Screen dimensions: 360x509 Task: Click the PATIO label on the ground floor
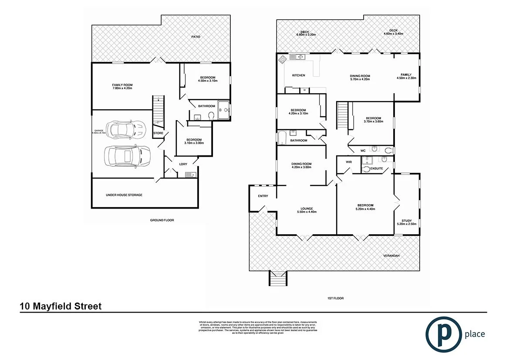[196, 37]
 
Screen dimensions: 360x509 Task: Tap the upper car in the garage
[125, 129]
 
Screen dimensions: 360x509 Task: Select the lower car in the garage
[127, 156]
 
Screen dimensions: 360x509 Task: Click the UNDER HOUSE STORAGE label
[124, 195]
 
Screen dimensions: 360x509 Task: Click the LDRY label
[183, 164]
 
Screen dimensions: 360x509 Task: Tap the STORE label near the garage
[158, 133]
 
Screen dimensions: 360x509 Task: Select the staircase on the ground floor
[157, 111]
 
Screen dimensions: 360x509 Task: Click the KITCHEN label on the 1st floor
[298, 75]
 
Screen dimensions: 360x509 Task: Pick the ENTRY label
[263, 196]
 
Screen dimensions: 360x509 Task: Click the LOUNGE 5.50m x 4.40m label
[307, 210]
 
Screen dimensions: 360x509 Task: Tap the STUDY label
[407, 222]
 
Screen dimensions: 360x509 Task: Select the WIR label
[348, 162]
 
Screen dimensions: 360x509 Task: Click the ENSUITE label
[376, 168]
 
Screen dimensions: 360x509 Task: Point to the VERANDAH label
[391, 256]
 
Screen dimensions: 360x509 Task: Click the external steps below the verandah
[278, 278]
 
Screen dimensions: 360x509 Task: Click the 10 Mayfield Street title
[61, 306]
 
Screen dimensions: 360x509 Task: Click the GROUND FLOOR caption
[162, 220]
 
